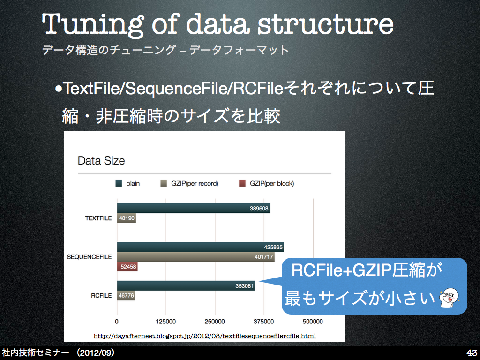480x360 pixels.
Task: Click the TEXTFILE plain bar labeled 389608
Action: click(193, 208)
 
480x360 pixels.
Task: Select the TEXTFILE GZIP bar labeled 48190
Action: click(127, 218)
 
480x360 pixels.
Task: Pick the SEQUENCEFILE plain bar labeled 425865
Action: click(201, 247)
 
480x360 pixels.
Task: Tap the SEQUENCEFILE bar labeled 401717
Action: click(195, 257)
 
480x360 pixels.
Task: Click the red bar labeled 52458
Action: click(127, 267)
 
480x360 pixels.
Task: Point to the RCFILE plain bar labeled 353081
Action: click(186, 285)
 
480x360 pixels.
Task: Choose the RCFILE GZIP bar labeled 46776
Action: click(126, 295)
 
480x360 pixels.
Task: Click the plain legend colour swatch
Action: click(119, 183)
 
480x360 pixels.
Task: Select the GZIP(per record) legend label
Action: click(195, 183)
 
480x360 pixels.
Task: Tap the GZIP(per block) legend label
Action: click(272, 183)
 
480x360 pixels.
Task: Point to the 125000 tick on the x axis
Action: click(165, 322)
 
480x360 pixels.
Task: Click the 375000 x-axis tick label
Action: click(263, 322)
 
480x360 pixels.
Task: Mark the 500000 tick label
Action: click(313, 322)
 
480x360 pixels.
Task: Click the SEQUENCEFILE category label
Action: click(90, 257)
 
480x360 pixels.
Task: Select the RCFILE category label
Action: click(101, 295)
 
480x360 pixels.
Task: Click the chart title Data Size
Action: click(101, 161)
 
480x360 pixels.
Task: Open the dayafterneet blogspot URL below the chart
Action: click(204, 336)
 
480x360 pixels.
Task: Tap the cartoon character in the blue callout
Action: click(449, 297)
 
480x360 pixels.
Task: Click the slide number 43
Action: click(472, 352)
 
